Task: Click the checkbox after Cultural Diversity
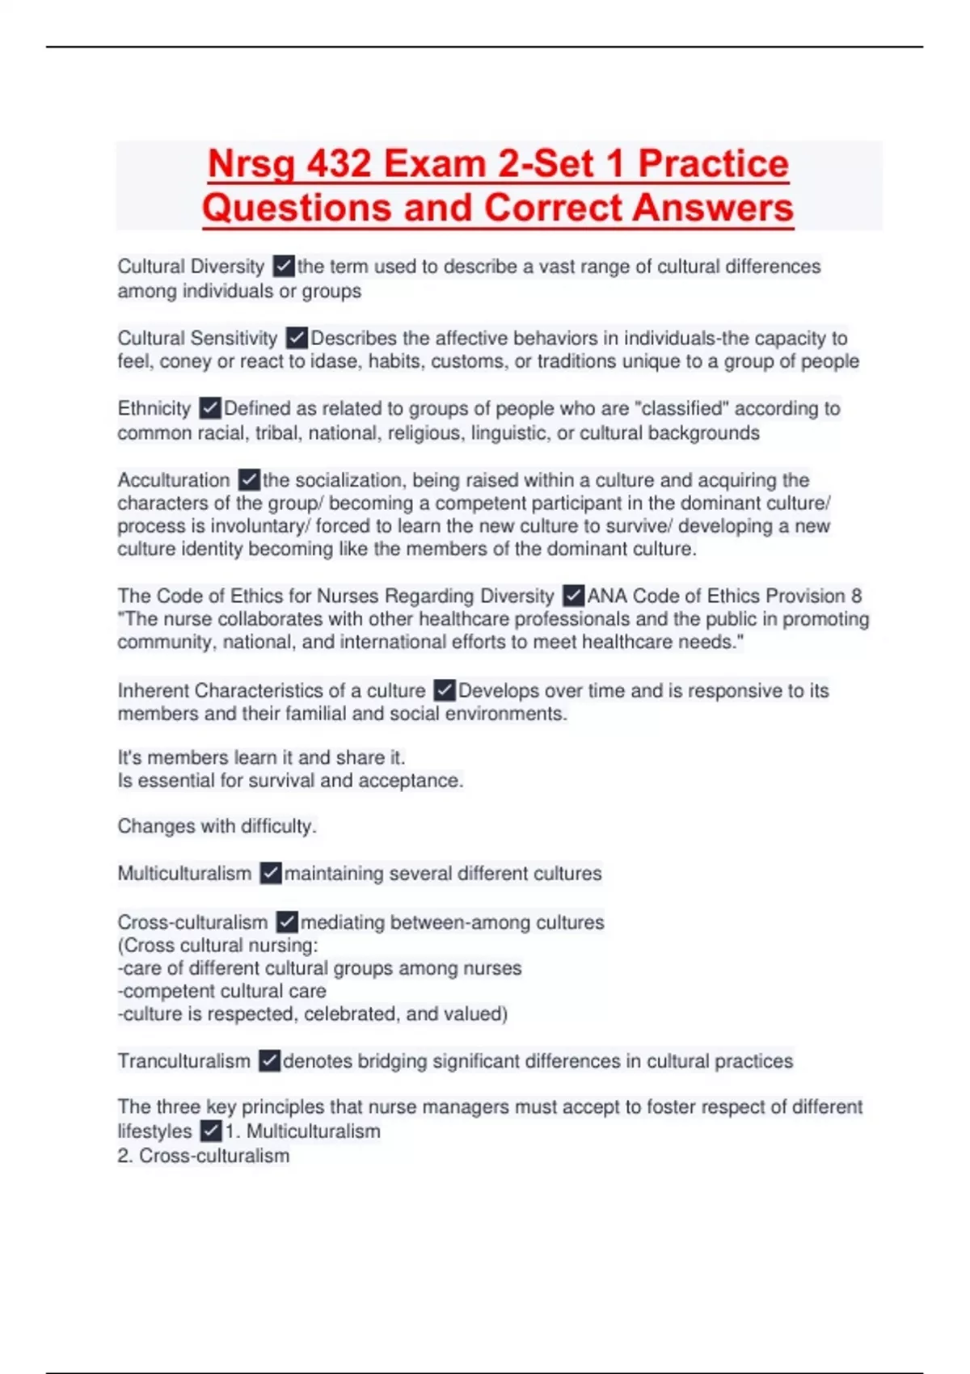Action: click(283, 266)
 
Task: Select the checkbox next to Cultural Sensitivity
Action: click(297, 338)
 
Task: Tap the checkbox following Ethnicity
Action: click(209, 408)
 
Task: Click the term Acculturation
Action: click(174, 480)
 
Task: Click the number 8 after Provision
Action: click(856, 596)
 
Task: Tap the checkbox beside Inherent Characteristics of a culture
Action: click(444, 690)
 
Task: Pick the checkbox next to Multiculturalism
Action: click(270, 873)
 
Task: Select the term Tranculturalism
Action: click(183, 1060)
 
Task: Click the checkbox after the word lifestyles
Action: click(210, 1131)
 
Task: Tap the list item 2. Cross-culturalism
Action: click(203, 1156)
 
